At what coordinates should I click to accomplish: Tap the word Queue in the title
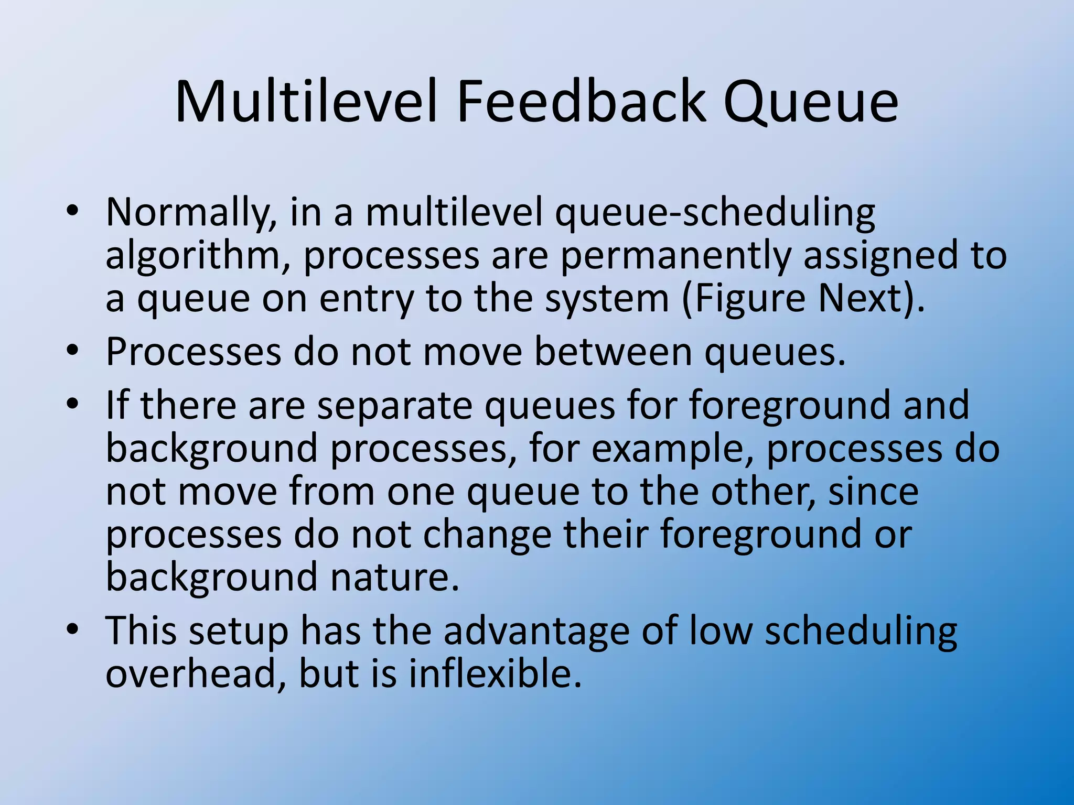(x=811, y=102)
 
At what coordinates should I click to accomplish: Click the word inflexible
(x=495, y=674)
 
